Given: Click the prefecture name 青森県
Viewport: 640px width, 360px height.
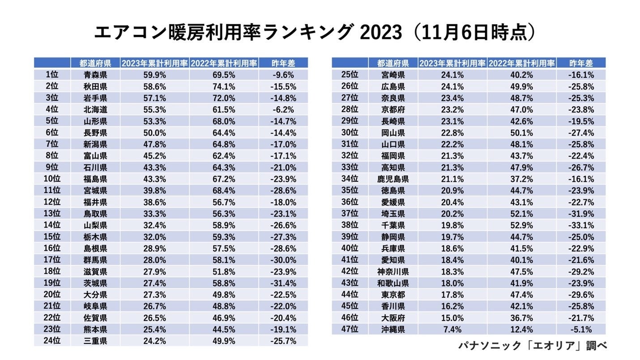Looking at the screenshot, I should [95, 75].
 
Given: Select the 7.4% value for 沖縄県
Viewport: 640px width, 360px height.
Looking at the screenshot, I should [452, 330].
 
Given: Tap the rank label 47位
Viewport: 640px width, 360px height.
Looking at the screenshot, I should [350, 330].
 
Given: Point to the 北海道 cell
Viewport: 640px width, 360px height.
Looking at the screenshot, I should [95, 109].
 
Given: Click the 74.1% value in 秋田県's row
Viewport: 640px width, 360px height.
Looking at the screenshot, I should [224, 86].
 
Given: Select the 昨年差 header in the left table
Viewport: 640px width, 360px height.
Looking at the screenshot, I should [283, 63].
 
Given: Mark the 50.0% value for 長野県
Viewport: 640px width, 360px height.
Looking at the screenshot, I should [154, 133].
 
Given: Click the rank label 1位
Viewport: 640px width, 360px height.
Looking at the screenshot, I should [52, 75].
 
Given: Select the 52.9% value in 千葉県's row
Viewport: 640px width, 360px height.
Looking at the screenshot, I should [521, 225].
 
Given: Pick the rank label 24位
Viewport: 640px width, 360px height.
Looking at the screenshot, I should [52, 341].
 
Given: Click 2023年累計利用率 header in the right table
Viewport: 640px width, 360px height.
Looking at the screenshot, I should [452, 63].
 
